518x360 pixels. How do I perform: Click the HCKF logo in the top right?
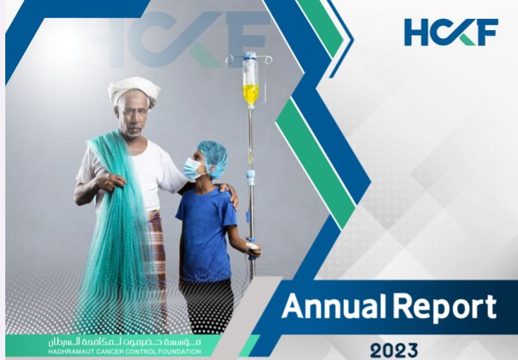450,32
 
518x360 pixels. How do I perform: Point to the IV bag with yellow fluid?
251,82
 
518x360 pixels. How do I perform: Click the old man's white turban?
134,89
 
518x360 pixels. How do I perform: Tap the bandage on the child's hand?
253,246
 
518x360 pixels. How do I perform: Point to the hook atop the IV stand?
249,55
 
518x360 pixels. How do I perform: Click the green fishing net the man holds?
113,226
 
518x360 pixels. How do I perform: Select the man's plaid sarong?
157,249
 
